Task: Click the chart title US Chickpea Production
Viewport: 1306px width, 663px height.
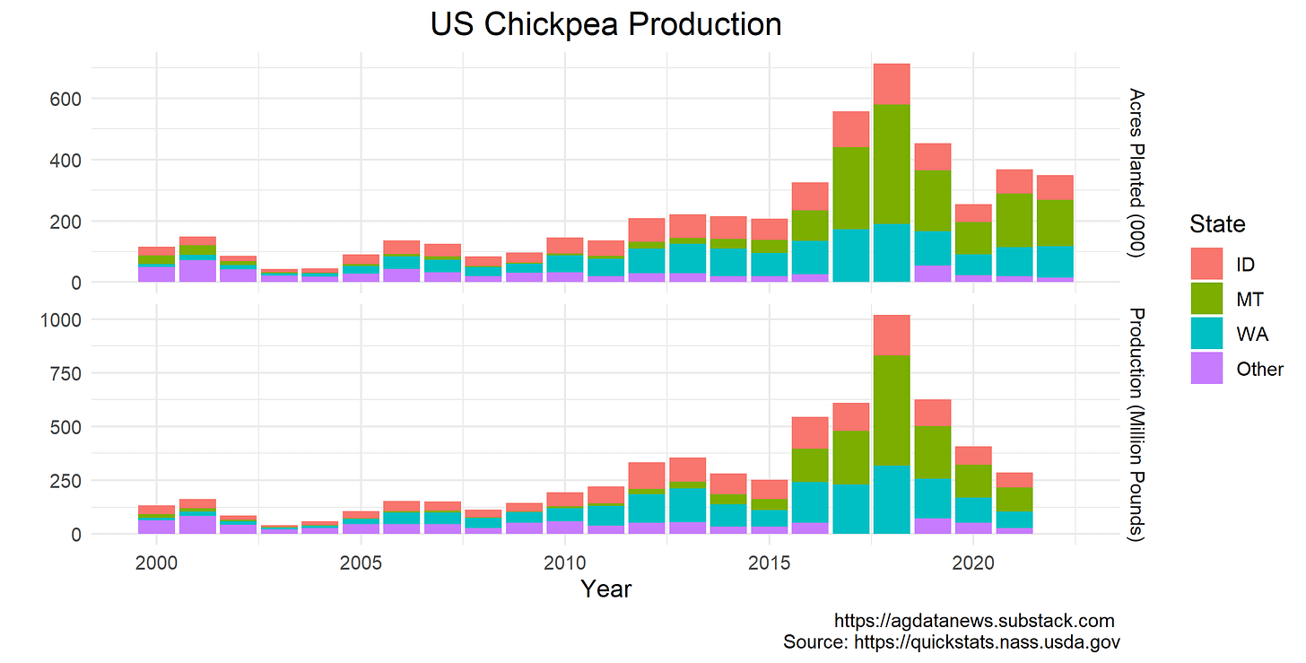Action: pos(605,24)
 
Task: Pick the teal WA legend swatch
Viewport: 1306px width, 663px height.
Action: pos(1207,335)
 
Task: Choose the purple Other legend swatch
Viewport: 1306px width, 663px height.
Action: pos(1207,369)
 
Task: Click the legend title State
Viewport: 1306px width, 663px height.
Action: pos(1216,223)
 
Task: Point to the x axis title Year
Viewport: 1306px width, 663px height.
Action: pos(605,589)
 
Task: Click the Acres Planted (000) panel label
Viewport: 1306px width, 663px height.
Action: pos(1136,173)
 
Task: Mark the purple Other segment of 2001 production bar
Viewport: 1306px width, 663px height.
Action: pos(197,524)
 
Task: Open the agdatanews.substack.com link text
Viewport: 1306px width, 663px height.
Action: pos(974,621)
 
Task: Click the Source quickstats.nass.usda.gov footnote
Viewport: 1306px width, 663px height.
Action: pos(951,642)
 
